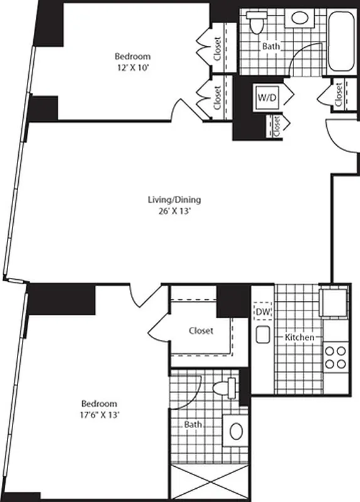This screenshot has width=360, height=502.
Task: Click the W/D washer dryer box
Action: [264, 97]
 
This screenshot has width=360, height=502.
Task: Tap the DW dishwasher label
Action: [262, 309]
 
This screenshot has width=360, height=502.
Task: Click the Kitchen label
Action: [299, 338]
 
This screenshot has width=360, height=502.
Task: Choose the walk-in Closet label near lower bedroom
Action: [201, 331]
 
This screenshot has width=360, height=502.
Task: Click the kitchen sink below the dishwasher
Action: [262, 334]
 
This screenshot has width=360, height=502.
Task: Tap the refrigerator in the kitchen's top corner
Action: [332, 301]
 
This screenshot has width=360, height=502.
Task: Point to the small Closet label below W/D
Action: [277, 125]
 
